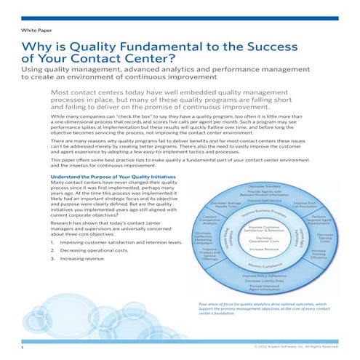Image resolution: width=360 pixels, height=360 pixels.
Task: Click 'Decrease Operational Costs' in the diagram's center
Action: click(265, 240)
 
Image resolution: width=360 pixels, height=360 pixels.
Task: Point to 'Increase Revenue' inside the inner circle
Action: click(265, 249)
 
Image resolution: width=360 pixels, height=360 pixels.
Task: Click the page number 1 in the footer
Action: click(22, 347)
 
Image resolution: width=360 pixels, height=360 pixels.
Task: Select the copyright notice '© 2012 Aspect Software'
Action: click(299, 347)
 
